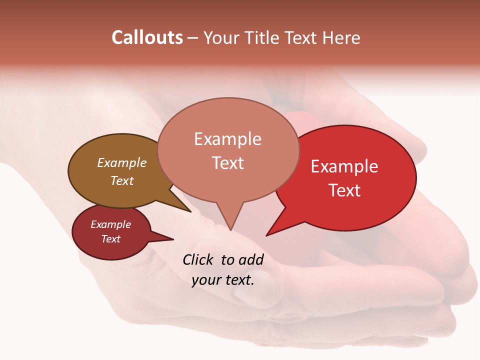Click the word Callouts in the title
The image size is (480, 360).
coord(147,37)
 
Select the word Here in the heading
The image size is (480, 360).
coord(341,37)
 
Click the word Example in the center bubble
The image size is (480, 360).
coord(227,139)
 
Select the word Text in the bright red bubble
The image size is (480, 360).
coord(344,190)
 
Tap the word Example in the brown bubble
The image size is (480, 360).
coord(122,162)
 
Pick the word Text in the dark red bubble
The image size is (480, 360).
coord(111,239)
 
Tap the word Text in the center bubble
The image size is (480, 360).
coord(228,163)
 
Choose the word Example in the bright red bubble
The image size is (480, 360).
coord(344,166)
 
